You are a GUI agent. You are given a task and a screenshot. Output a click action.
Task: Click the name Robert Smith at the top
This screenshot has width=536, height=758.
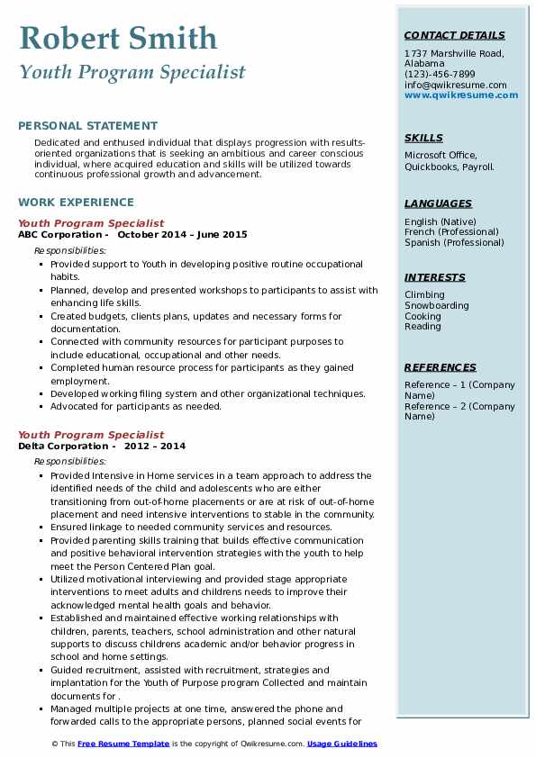pos(118,38)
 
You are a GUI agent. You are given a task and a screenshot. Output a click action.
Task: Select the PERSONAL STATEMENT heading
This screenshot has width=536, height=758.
pos(87,126)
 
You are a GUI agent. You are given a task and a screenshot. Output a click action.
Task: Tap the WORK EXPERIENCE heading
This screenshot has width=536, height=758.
pos(76,203)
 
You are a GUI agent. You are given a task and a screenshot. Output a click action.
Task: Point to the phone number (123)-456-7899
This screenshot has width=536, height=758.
pos(440,75)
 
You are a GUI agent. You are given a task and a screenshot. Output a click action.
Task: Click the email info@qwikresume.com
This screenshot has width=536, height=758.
pos(455,85)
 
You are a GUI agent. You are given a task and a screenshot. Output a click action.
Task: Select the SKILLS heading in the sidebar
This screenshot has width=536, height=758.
pos(423,138)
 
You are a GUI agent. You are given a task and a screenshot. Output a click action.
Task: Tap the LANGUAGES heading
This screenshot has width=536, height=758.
pos(438,203)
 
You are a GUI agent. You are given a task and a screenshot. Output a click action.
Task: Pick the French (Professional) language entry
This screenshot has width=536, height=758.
pos(453,232)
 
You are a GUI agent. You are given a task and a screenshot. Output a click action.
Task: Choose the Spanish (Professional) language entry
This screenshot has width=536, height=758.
pos(454,242)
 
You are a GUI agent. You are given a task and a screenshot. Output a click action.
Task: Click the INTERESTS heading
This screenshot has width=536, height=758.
pos(435,277)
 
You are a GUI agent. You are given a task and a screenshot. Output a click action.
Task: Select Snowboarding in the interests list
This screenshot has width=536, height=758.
pos(436,306)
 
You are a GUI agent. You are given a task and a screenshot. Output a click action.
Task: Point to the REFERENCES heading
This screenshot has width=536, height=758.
pos(441,367)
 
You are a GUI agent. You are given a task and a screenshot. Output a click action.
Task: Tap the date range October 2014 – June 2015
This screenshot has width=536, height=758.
pos(182,234)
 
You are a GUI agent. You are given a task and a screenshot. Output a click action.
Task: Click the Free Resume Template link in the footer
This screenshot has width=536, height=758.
pos(124,744)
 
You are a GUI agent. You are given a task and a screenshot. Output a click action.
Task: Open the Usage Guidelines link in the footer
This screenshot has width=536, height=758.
pos(342,744)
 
